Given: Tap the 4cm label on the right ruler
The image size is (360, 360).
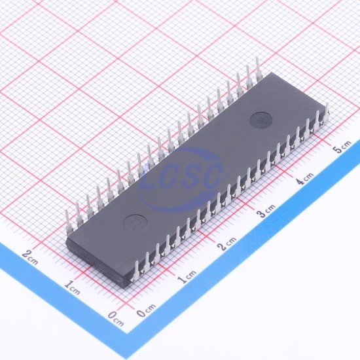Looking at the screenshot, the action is pos(304,178).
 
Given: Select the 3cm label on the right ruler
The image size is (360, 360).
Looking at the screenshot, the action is pos(266,210).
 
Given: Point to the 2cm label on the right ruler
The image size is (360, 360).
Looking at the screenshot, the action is pos(227,243).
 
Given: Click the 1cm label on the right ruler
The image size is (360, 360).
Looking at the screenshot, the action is pos(187,276).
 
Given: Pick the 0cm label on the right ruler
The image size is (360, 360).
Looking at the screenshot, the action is pos(146,310).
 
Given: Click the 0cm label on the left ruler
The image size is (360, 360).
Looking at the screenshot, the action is pos(116,319).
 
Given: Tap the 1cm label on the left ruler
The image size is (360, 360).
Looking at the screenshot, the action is pos(72,287).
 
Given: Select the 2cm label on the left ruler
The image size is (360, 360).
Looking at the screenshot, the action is pos(30,258).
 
